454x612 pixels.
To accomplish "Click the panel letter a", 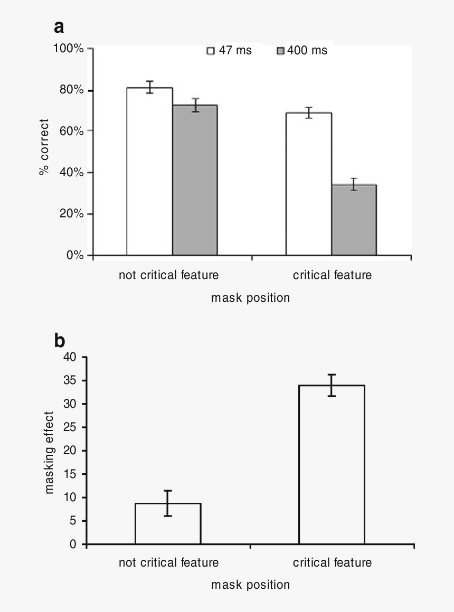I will pyautogui.click(x=59, y=27).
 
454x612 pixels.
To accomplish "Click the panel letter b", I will pyautogui.click(x=60, y=341).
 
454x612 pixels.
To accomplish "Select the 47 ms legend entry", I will pyautogui.click(x=229, y=51).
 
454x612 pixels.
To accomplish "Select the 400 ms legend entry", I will pyautogui.click(x=302, y=51).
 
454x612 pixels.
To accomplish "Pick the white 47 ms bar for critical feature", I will pyautogui.click(x=309, y=184).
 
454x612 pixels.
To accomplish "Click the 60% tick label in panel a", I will pyautogui.click(x=71, y=131).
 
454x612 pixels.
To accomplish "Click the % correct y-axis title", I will pyautogui.click(x=44, y=148).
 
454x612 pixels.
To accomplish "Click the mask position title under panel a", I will pyautogui.click(x=250, y=298).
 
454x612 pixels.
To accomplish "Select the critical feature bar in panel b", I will pyautogui.click(x=332, y=464).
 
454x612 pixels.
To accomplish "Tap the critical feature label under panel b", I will pyautogui.click(x=332, y=562).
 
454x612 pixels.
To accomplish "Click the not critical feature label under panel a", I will pyautogui.click(x=168, y=275).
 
